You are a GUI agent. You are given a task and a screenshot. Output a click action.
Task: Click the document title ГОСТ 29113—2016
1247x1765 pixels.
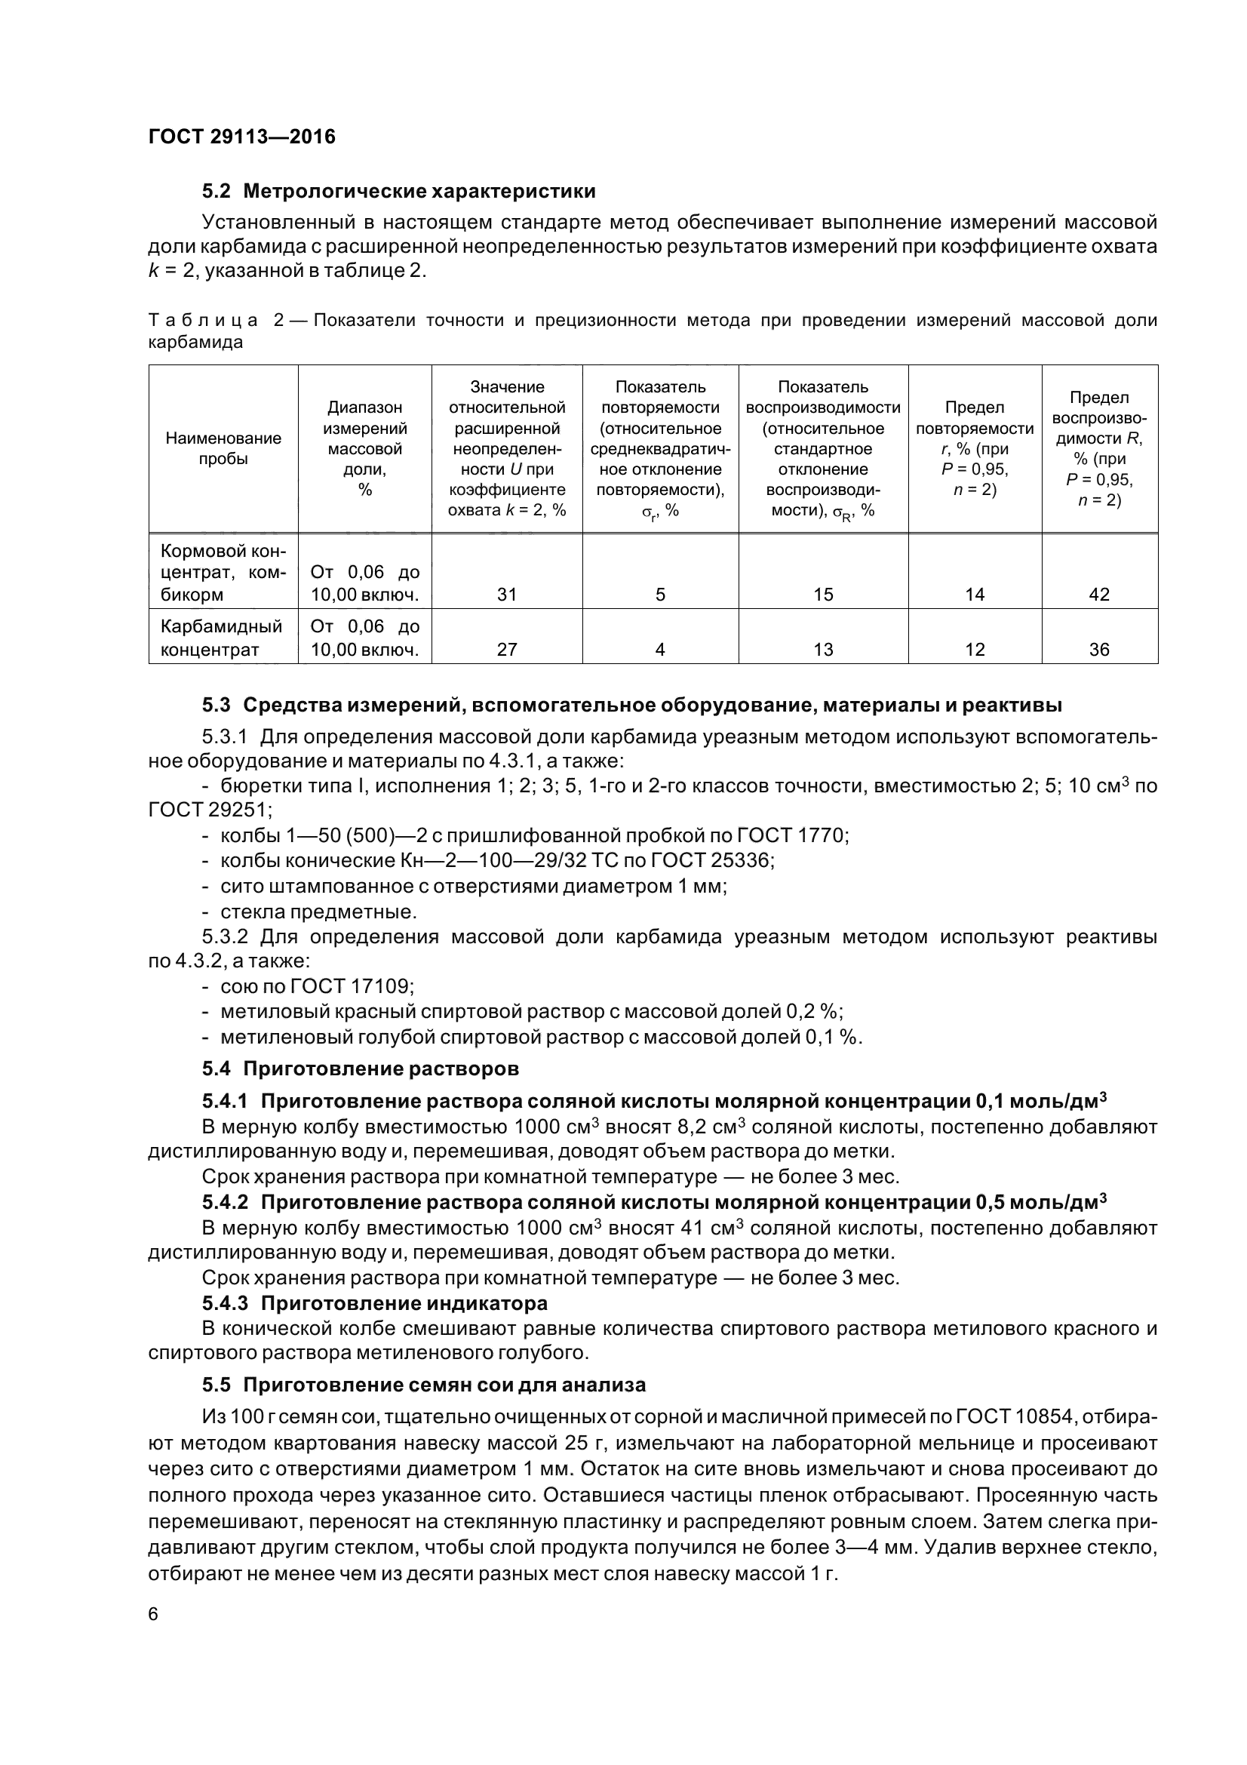click(x=241, y=137)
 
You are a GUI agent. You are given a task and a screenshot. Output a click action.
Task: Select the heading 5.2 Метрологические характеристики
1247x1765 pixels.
click(x=399, y=191)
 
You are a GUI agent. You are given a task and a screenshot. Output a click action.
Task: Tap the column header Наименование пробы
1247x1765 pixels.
click(x=223, y=448)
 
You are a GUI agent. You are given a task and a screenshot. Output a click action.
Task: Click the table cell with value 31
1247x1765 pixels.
click(x=506, y=594)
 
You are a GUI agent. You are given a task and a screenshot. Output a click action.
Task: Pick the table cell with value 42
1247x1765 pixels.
click(x=1098, y=594)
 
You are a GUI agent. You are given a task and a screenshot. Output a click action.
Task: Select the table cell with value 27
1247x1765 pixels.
click(x=506, y=650)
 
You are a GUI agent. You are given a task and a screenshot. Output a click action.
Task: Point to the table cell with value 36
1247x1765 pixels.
click(x=1098, y=650)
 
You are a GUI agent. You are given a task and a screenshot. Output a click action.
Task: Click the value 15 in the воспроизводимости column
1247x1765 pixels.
click(x=823, y=594)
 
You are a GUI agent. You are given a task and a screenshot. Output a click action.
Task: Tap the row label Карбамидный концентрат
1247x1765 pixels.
click(x=221, y=638)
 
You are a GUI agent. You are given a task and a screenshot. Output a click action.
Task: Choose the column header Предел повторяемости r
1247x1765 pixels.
click(x=974, y=448)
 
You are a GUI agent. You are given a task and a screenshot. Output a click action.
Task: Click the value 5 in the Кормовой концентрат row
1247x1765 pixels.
click(x=660, y=594)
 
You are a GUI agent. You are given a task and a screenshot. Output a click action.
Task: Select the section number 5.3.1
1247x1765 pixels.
click(x=224, y=737)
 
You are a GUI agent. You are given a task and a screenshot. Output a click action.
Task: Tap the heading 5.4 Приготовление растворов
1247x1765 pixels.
click(x=361, y=1069)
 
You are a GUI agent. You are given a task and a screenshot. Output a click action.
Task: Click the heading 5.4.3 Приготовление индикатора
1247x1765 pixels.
click(x=375, y=1303)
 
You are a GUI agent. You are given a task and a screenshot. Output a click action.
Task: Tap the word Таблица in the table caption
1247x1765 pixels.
click(x=203, y=321)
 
